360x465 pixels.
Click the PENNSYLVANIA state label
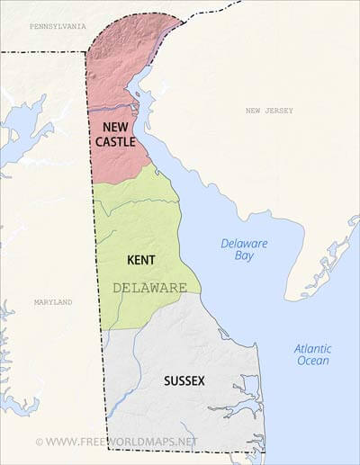pyautogui.click(x=54, y=27)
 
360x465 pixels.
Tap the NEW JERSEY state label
pyautogui.click(x=270, y=111)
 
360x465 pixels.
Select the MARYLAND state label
pyautogui.click(x=52, y=302)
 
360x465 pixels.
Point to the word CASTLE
pyautogui.click(x=117, y=142)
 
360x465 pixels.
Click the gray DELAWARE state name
pyautogui.click(x=150, y=288)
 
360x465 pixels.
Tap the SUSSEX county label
pyautogui.click(x=184, y=380)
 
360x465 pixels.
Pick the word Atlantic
pyautogui.click(x=312, y=348)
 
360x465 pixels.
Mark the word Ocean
pyautogui.click(x=312, y=361)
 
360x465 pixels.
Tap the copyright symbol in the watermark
pyautogui.click(x=39, y=442)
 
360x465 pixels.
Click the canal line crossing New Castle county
pyautogui.click(x=112, y=110)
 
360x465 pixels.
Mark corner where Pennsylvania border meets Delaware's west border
pyautogui.click(x=87, y=51)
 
